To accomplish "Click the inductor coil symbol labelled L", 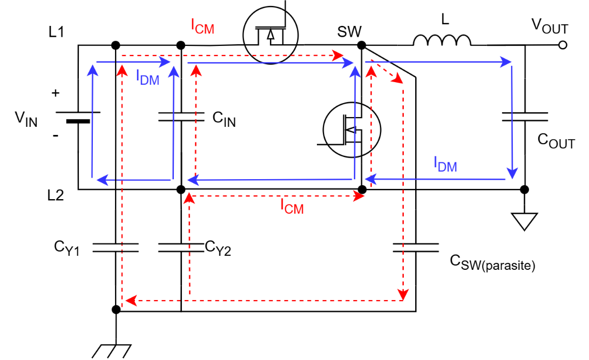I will click(x=442, y=41).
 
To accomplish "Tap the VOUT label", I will click(x=550, y=25).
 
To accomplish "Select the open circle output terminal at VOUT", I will click(x=563, y=45).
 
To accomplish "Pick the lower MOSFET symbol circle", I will click(x=351, y=130).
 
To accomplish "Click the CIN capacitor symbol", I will click(x=181, y=117).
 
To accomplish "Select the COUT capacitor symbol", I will click(x=524, y=117).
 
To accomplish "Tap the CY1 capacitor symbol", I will click(x=116, y=248).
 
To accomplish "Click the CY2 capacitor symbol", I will click(x=181, y=248).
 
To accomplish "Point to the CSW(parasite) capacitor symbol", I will click(x=416, y=248).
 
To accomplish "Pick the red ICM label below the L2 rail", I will click(x=292, y=206).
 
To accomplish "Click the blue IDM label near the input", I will click(x=147, y=78).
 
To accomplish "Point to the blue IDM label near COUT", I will click(x=445, y=165).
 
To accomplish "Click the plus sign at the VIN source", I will click(x=55, y=93).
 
